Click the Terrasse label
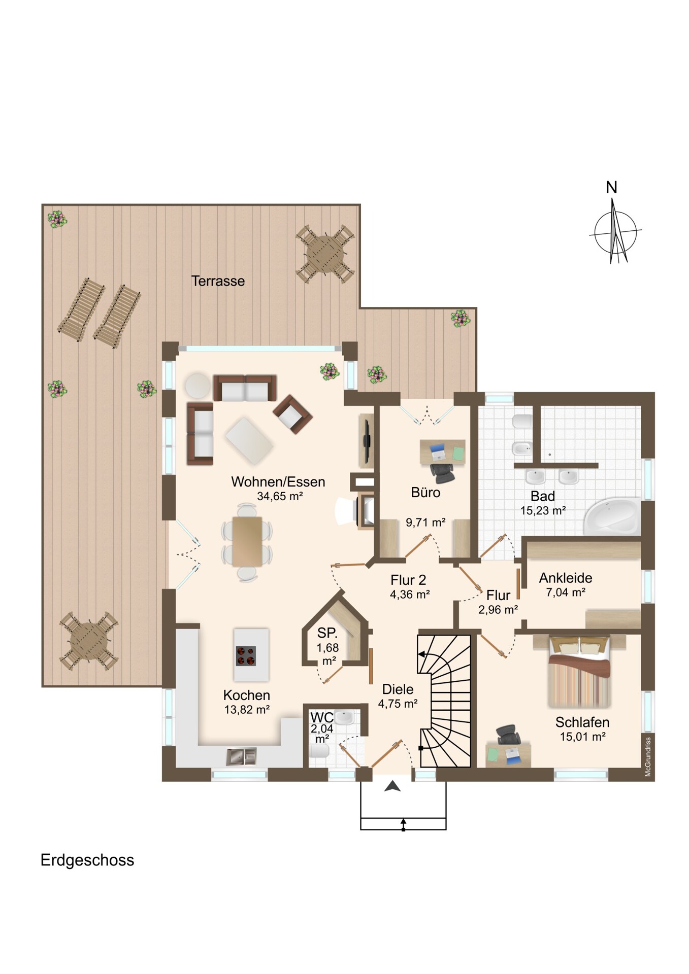coord(218,281)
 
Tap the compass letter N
coord(611,188)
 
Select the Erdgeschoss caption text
coord(87,860)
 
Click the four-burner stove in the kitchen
coord(246,655)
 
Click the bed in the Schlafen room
coord(579,672)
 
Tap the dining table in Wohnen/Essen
coord(247,541)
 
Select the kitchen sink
coord(241,757)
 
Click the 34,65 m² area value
coord(280,496)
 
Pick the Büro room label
coord(425,492)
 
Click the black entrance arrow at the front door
coord(392,787)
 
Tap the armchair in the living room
coord(292,414)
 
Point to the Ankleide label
coord(566,578)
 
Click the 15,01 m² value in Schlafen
coord(582,737)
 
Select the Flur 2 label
coord(408,580)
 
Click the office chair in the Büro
coord(442,472)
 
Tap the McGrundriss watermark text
coord(648,756)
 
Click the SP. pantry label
coord(327,633)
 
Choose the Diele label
coord(398,689)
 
